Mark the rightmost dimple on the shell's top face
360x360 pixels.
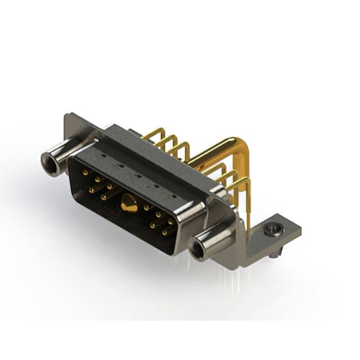click(173, 196)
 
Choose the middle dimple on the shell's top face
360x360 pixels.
click(137, 175)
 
